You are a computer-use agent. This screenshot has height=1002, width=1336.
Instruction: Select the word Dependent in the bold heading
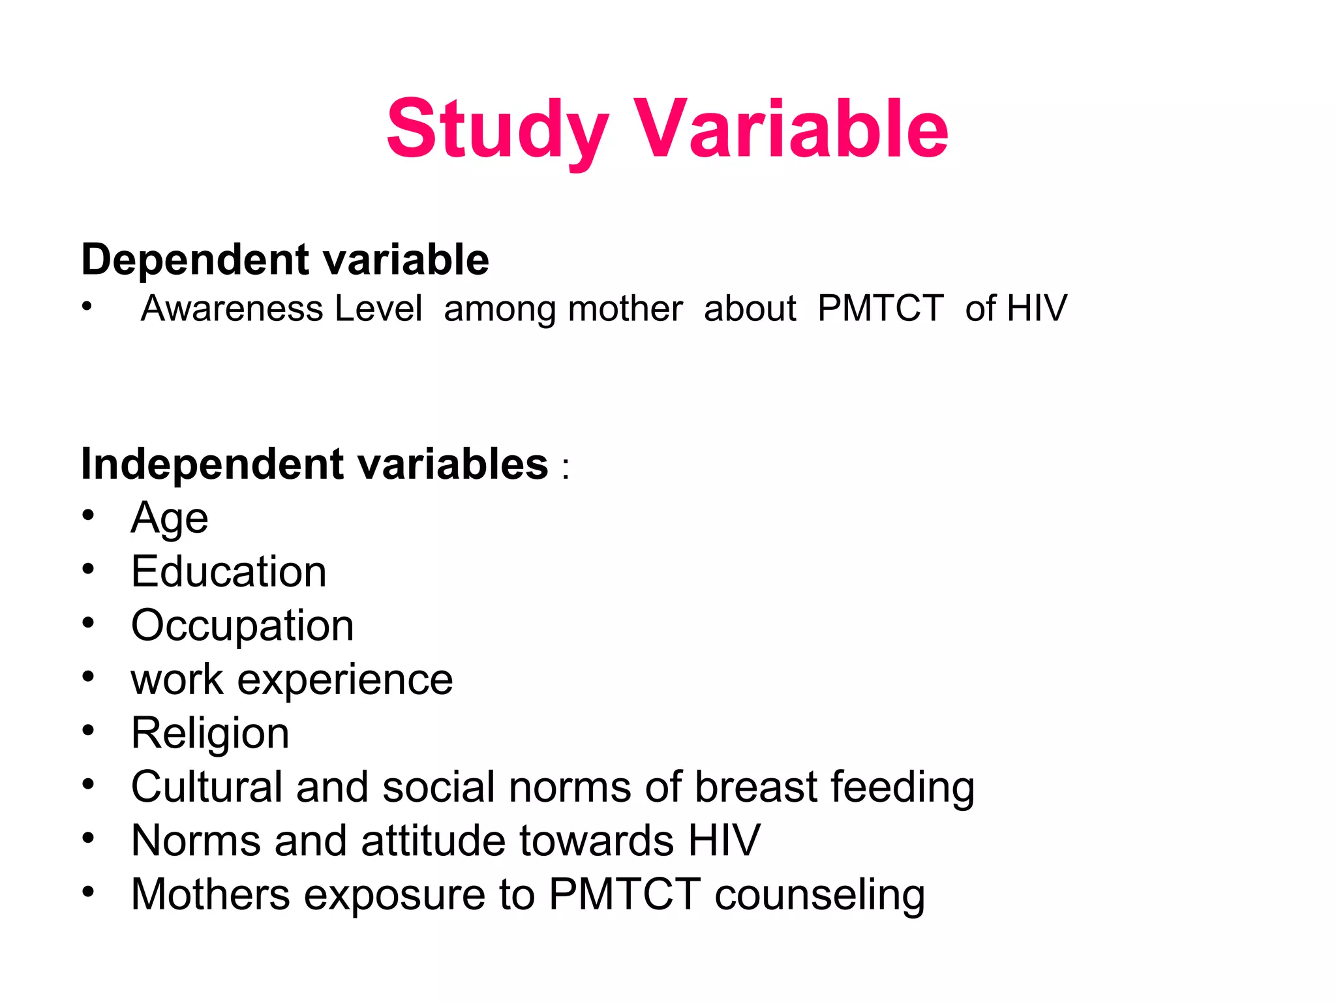(194, 260)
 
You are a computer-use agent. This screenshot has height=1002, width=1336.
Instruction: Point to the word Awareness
(232, 308)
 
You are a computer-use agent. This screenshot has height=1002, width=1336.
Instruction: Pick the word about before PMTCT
(750, 308)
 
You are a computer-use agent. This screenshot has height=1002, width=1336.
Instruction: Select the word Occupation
(242, 626)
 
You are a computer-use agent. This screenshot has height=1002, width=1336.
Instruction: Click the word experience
(344, 680)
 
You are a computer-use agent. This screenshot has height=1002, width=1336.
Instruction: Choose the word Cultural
(206, 786)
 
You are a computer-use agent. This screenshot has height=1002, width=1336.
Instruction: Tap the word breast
(755, 786)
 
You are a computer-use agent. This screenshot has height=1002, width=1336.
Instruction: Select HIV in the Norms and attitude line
(724, 840)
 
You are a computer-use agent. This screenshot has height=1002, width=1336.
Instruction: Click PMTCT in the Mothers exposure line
(624, 894)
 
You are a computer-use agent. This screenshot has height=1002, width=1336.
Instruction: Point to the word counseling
(819, 895)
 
